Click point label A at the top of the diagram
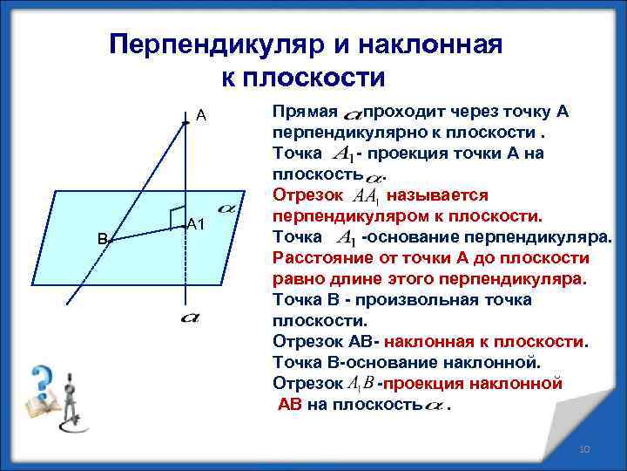pyautogui.click(x=200, y=115)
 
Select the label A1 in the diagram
pyautogui.click(x=196, y=225)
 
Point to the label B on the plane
pyautogui.click(x=102, y=238)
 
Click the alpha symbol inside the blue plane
pyautogui.click(x=228, y=209)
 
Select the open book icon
pyautogui.click(x=44, y=408)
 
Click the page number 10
pyautogui.click(x=584, y=448)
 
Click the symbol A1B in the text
pyautogui.click(x=360, y=384)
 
